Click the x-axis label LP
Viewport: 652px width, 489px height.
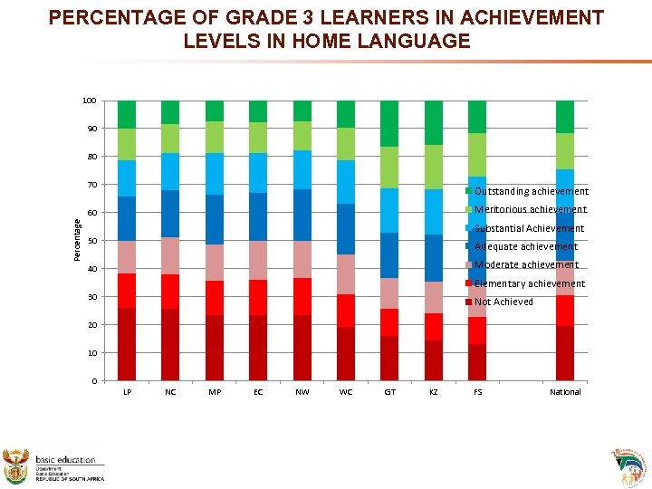click(x=126, y=392)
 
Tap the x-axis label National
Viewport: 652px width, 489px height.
click(x=565, y=392)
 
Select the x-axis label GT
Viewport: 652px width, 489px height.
click(x=389, y=392)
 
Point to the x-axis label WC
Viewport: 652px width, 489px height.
click(x=346, y=392)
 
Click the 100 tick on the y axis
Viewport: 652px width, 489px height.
click(x=89, y=101)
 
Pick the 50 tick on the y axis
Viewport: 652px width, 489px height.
click(x=91, y=241)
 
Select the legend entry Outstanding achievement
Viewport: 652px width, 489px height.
click(x=531, y=191)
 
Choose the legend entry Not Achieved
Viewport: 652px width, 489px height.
click(x=503, y=302)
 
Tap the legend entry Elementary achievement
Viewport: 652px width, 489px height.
click(x=530, y=283)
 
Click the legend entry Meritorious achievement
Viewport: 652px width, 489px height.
click(x=530, y=209)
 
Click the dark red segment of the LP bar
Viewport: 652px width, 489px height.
click(x=126, y=344)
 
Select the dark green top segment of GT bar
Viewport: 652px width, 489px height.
click(x=389, y=123)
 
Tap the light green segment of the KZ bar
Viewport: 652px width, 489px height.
click(x=434, y=167)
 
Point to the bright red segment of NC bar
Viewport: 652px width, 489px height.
click(x=170, y=292)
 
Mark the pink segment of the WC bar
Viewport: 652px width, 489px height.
click(x=346, y=274)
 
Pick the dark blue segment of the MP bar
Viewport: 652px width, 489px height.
click(x=215, y=219)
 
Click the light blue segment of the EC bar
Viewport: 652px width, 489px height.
click(x=258, y=173)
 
